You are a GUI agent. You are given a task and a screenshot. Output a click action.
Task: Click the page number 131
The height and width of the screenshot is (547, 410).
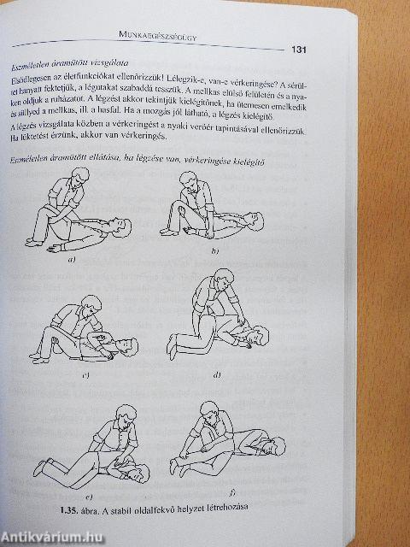[x=300, y=50]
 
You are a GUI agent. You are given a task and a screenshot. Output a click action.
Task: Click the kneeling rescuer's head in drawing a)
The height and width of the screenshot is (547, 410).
[x=79, y=176]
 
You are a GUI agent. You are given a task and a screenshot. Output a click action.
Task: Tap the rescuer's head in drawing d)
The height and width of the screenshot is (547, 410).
[x=224, y=279]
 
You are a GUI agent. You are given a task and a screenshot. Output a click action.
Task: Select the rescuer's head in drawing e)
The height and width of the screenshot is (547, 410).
[x=126, y=413]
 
